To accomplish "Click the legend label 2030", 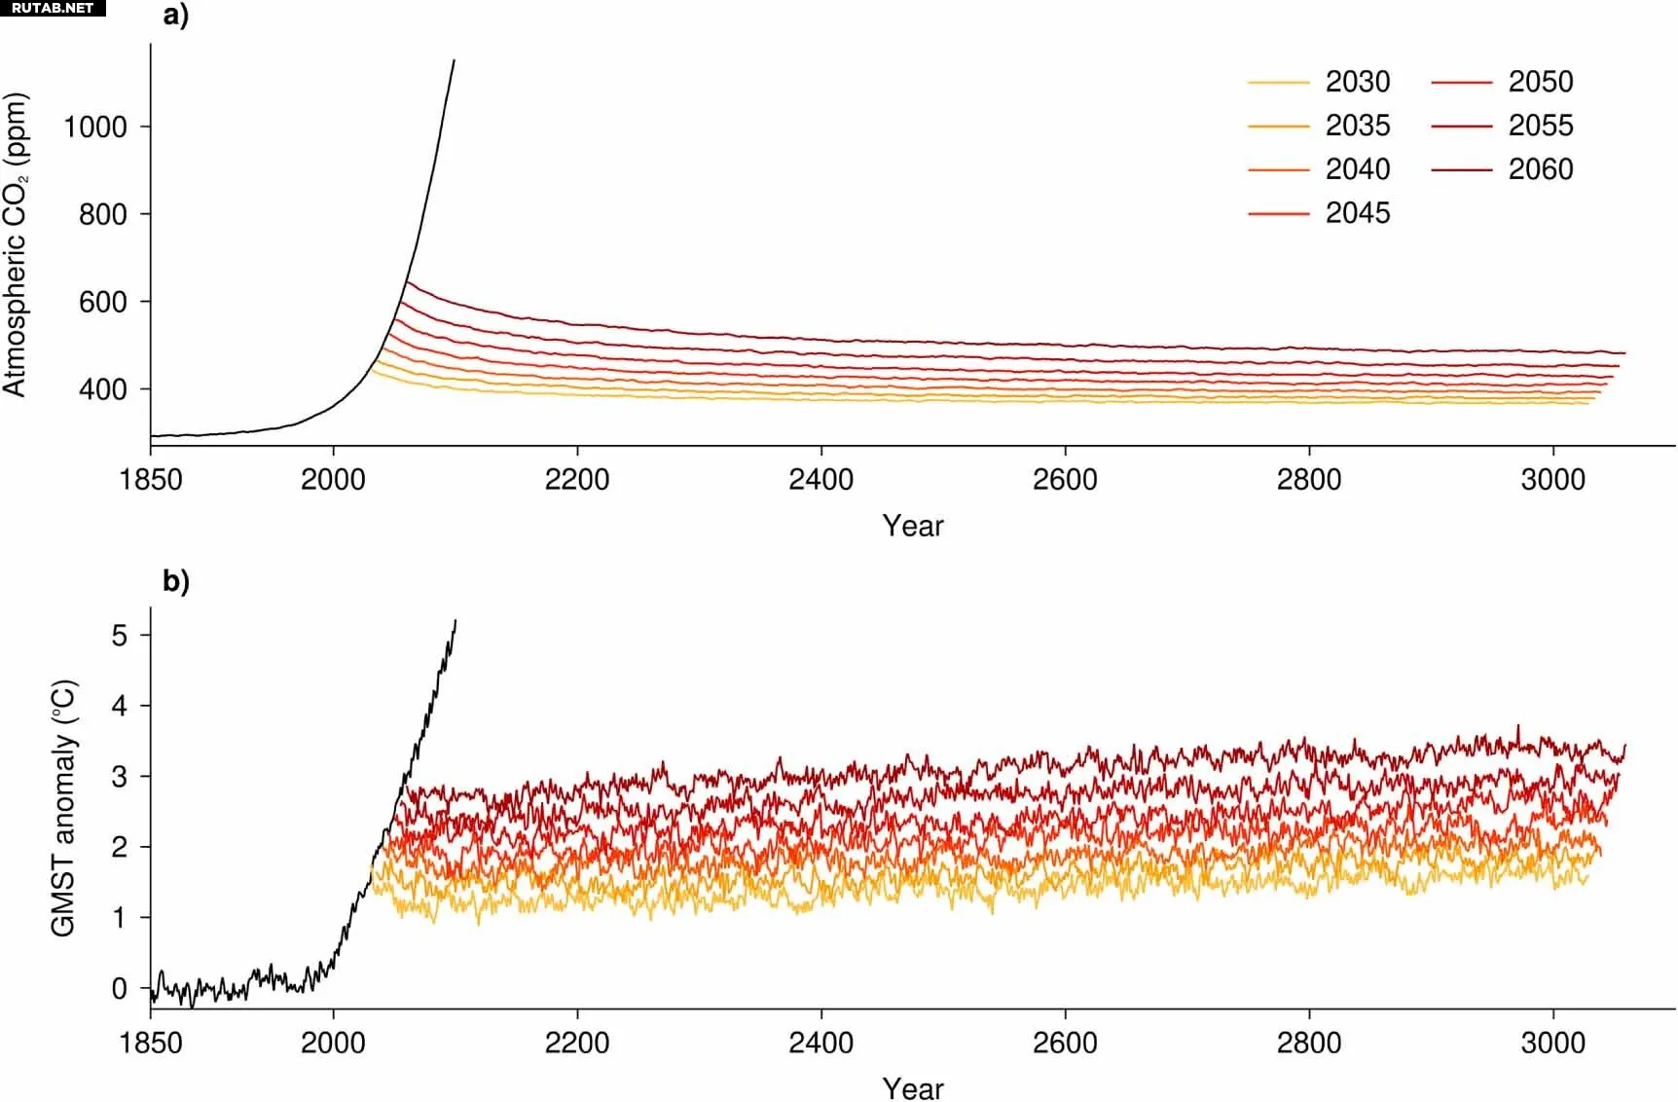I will pyautogui.click(x=1357, y=82).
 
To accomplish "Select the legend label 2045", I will pyautogui.click(x=1357, y=213).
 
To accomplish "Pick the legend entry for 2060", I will pyautogui.click(x=1540, y=169).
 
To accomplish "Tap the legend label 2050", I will pyautogui.click(x=1540, y=82).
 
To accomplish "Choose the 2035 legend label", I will pyautogui.click(x=1357, y=126).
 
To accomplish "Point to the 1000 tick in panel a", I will pyautogui.click(x=95, y=127).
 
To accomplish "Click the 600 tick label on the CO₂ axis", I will pyautogui.click(x=103, y=302).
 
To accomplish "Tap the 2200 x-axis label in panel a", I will pyautogui.click(x=577, y=479).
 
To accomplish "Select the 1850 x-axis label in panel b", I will pyautogui.click(x=151, y=1043).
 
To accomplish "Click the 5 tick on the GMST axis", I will pyautogui.click(x=120, y=636).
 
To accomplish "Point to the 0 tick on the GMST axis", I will pyautogui.click(x=120, y=988).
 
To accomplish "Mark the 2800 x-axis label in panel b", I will pyautogui.click(x=1309, y=1043).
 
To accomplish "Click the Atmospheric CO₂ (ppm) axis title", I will pyautogui.click(x=16, y=244).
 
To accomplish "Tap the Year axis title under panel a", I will pyautogui.click(x=913, y=526).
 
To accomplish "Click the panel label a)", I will pyautogui.click(x=176, y=17).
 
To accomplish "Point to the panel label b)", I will pyautogui.click(x=176, y=581).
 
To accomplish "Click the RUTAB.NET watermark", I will pyautogui.click(x=53, y=8).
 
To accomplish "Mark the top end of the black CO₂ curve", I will pyautogui.click(x=454, y=60).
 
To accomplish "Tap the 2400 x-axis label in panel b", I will pyautogui.click(x=821, y=1043).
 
